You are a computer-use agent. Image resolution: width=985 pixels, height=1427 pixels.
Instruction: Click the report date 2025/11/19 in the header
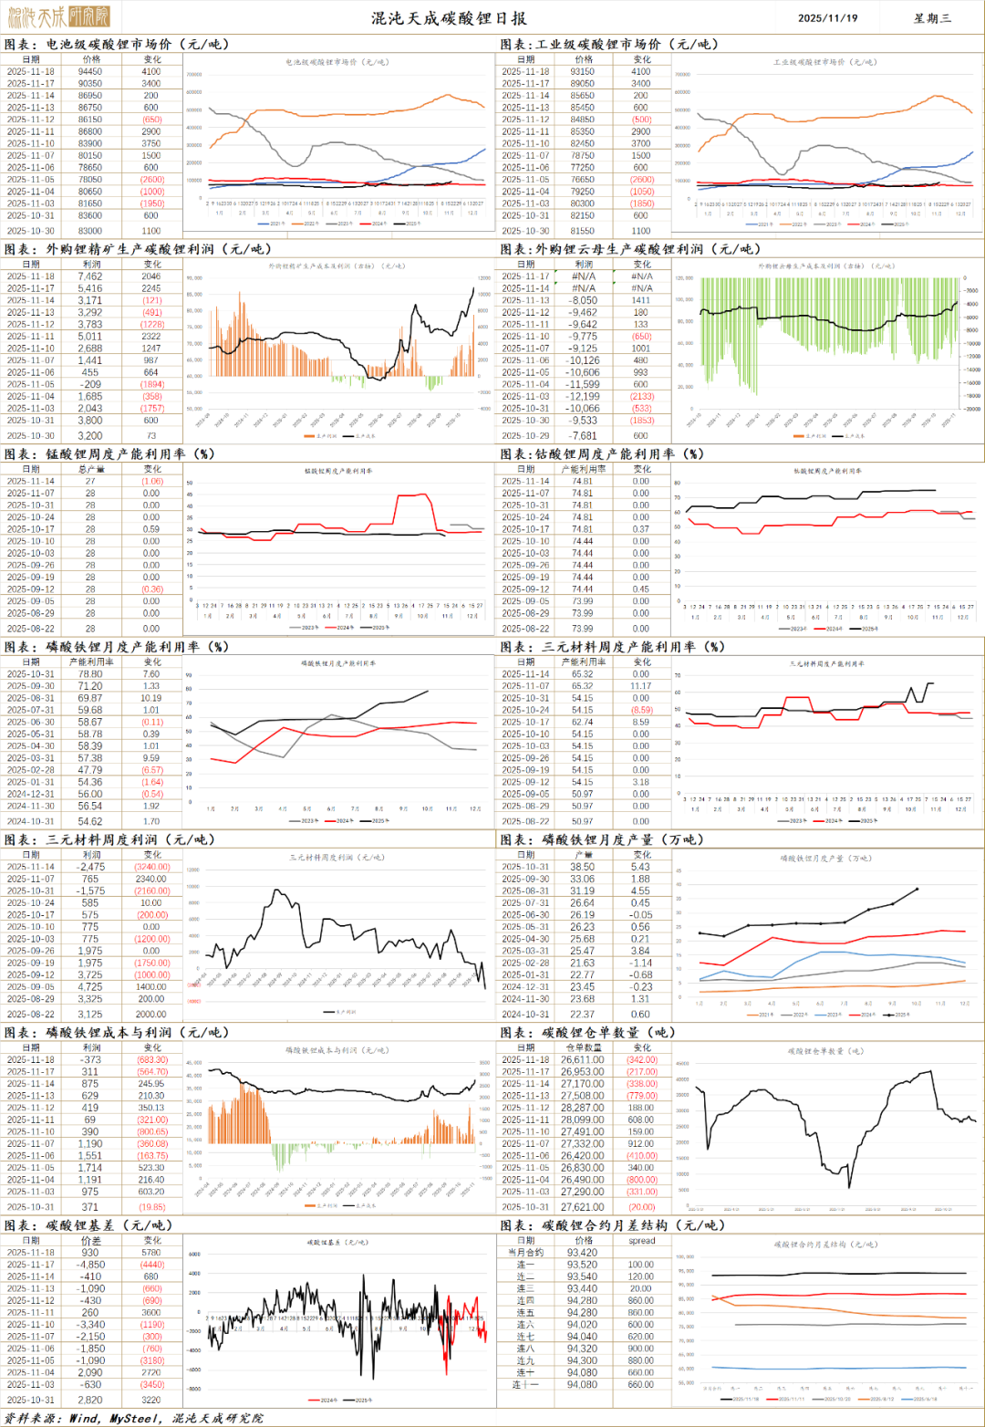827,17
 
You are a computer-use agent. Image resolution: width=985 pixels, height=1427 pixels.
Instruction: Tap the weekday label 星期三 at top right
932,17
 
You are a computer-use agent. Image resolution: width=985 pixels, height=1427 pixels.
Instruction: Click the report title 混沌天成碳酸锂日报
449,17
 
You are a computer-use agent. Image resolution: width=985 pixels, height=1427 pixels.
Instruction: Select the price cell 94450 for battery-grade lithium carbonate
90,71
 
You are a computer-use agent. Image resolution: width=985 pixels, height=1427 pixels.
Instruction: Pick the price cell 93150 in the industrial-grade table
583,71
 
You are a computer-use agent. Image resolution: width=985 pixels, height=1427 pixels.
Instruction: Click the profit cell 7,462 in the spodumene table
90,276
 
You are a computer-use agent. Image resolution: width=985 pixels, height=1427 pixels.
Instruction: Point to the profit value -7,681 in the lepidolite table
583,435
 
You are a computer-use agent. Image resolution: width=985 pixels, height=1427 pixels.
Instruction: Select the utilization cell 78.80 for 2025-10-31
90,674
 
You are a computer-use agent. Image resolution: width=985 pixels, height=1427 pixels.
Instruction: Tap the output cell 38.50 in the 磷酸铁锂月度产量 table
583,867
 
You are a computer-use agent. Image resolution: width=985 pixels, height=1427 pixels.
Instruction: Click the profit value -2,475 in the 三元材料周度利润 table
90,867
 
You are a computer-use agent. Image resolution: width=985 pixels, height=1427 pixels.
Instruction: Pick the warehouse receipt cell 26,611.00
583,1060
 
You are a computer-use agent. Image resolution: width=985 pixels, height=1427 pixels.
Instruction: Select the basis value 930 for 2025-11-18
90,1253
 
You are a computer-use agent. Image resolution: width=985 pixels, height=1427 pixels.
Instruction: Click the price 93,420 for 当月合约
583,1253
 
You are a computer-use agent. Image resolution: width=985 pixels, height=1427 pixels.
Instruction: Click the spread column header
641,1241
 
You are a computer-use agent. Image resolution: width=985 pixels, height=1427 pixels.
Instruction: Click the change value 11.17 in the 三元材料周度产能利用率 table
641,686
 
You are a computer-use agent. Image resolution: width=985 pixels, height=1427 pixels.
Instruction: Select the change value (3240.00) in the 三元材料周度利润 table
152,867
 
